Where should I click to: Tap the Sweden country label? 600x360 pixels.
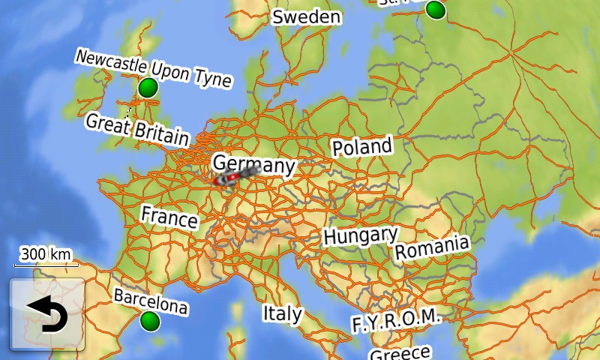pyautogui.click(x=306, y=16)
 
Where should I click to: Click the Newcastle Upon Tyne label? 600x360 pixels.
pyautogui.click(x=153, y=68)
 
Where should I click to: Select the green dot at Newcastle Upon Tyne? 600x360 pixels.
pyautogui.click(x=148, y=88)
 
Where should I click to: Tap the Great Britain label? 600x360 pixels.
pyautogui.click(x=137, y=128)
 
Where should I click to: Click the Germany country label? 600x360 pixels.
pyautogui.click(x=253, y=164)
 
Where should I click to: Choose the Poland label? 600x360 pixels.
pyautogui.click(x=362, y=147)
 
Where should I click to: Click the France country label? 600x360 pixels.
pyautogui.click(x=169, y=217)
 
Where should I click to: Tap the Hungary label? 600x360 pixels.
pyautogui.click(x=360, y=236)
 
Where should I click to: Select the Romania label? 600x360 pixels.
pyautogui.click(x=432, y=247)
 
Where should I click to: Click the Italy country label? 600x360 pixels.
pyautogui.click(x=282, y=313)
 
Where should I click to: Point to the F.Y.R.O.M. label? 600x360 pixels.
pyautogui.click(x=395, y=320)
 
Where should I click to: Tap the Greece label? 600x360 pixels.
pyautogui.click(x=400, y=352)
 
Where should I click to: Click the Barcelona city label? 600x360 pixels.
pyautogui.click(x=151, y=301)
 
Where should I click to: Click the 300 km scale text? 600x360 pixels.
pyautogui.click(x=46, y=254)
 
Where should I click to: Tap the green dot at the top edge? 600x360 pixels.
pyautogui.click(x=435, y=10)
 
